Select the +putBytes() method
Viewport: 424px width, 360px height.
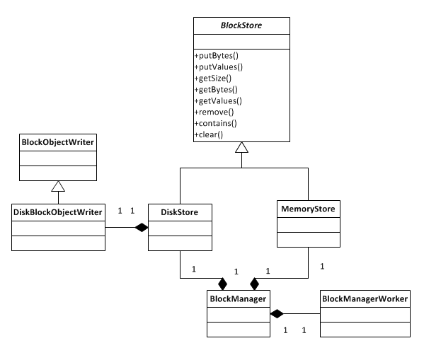tap(217, 56)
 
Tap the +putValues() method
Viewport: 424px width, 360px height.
tap(218, 67)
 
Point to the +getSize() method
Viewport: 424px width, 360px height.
tap(214, 79)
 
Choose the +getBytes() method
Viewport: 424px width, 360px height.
tap(217, 90)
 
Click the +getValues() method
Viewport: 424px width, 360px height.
tap(218, 101)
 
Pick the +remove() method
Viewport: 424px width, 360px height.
tap(214, 112)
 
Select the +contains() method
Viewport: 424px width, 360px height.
tap(217, 123)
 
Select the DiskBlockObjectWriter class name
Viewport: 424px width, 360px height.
tap(58, 211)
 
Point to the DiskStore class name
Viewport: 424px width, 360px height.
tap(178, 211)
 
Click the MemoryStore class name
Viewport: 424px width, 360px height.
tap(307, 209)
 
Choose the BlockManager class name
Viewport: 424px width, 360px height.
tap(237, 299)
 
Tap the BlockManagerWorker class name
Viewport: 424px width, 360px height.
tap(365, 299)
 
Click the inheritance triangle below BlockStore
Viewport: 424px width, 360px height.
tap(241, 148)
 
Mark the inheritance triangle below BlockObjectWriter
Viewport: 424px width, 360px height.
tap(58, 187)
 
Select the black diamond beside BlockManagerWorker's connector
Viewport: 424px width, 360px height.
tap(277, 313)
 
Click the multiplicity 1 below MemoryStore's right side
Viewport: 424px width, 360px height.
tap(322, 267)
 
